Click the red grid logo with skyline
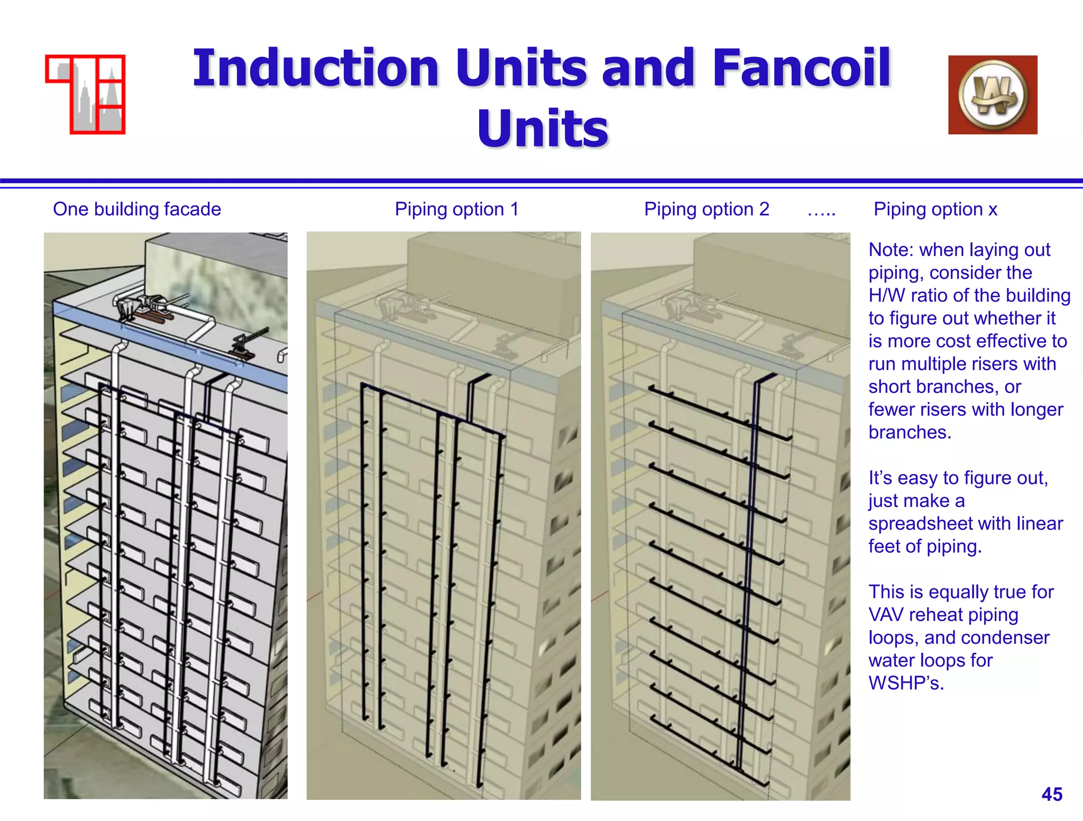[x=86, y=94]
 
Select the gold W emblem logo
[x=993, y=95]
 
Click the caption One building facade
[x=137, y=209]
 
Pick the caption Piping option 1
[x=457, y=209]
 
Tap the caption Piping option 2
[x=706, y=209]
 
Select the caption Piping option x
[x=935, y=209]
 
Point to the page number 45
[x=1052, y=794]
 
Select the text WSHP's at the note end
[x=906, y=683]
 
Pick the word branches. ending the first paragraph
[x=910, y=432]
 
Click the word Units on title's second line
[x=543, y=129]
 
